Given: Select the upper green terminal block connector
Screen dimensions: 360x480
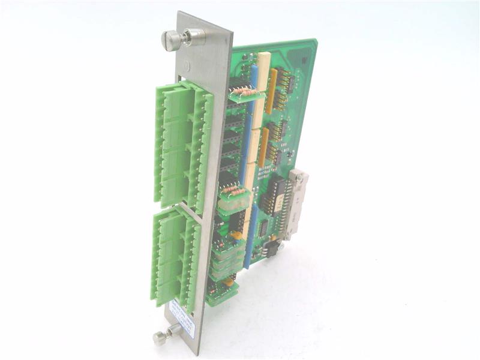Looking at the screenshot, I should coord(182,144).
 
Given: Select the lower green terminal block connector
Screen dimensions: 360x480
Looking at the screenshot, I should coord(174,258).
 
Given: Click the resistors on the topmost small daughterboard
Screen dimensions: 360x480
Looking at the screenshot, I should coord(242,92).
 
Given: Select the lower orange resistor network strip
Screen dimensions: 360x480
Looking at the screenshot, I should coord(263,147).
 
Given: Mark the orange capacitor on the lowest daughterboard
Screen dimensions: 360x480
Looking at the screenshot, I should coord(229,281).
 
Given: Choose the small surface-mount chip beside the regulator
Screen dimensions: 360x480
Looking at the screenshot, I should coord(262,228).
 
